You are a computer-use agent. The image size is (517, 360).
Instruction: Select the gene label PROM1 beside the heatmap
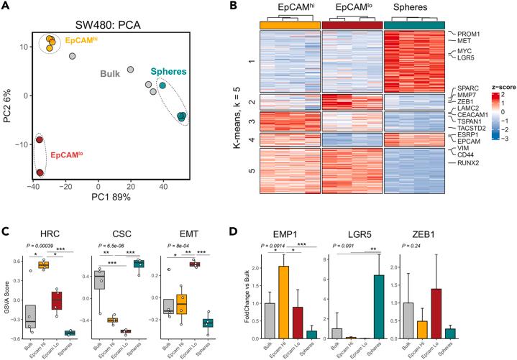tap(466, 34)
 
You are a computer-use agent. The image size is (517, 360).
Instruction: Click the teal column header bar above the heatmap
tap(416, 24)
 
